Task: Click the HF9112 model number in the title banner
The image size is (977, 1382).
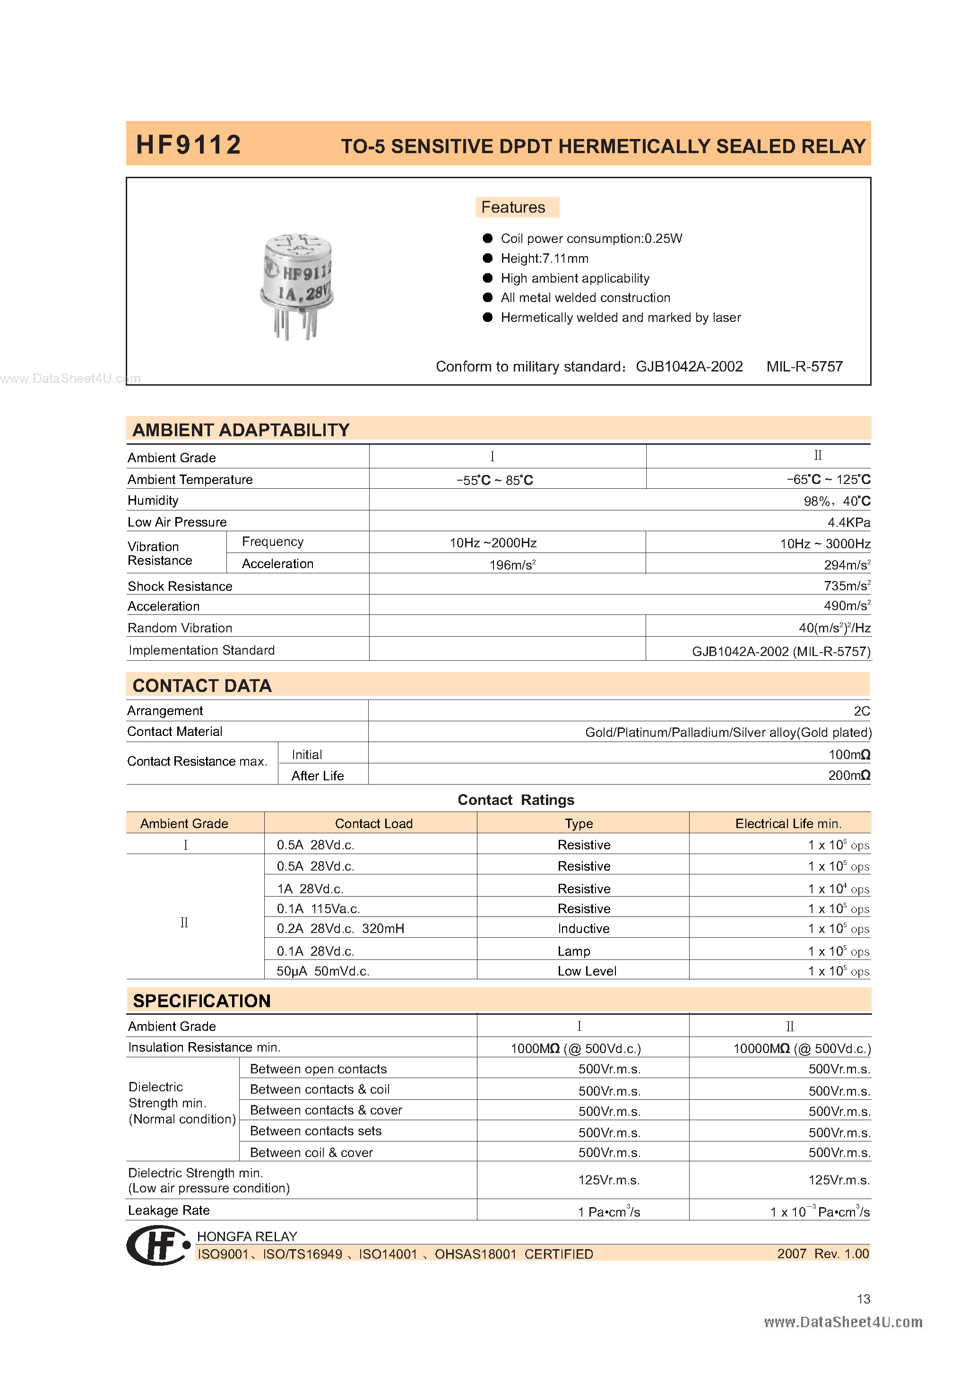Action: (189, 145)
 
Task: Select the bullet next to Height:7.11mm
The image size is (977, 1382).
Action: (488, 258)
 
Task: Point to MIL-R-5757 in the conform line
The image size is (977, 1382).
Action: (804, 367)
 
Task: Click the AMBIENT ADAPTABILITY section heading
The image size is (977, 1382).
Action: (241, 430)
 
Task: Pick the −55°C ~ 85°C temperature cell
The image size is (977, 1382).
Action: (494, 480)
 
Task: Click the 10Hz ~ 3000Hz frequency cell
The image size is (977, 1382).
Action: (825, 544)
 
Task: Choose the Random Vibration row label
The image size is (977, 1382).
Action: (180, 628)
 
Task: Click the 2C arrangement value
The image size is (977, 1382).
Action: (861, 711)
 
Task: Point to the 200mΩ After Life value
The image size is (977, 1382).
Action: (848, 775)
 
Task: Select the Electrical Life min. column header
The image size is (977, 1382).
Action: (788, 823)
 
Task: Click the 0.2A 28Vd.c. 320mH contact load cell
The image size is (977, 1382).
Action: (340, 929)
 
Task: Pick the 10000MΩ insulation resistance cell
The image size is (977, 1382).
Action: (801, 1048)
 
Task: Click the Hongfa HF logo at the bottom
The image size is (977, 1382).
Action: (158, 1245)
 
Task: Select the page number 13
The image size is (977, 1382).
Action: (863, 1299)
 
